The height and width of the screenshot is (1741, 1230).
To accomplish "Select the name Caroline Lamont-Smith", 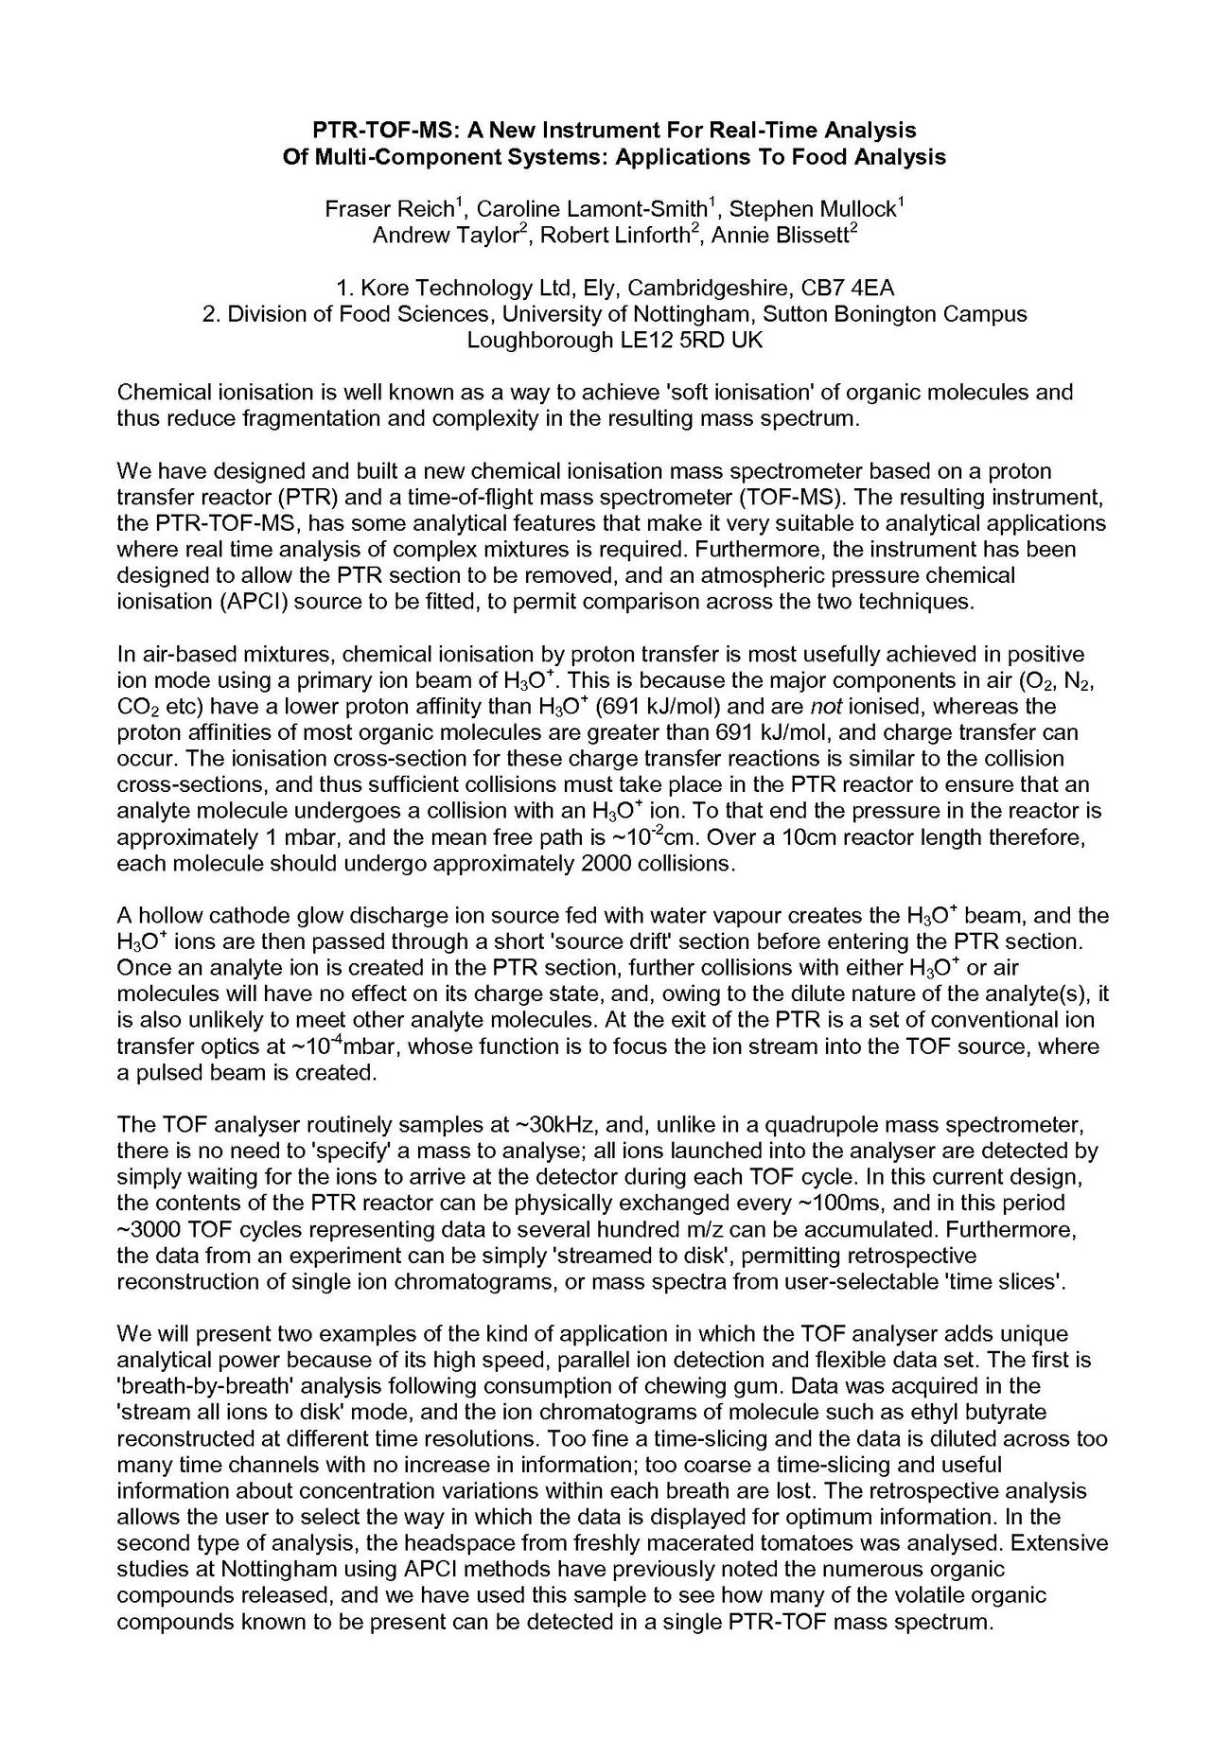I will tap(592, 209).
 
